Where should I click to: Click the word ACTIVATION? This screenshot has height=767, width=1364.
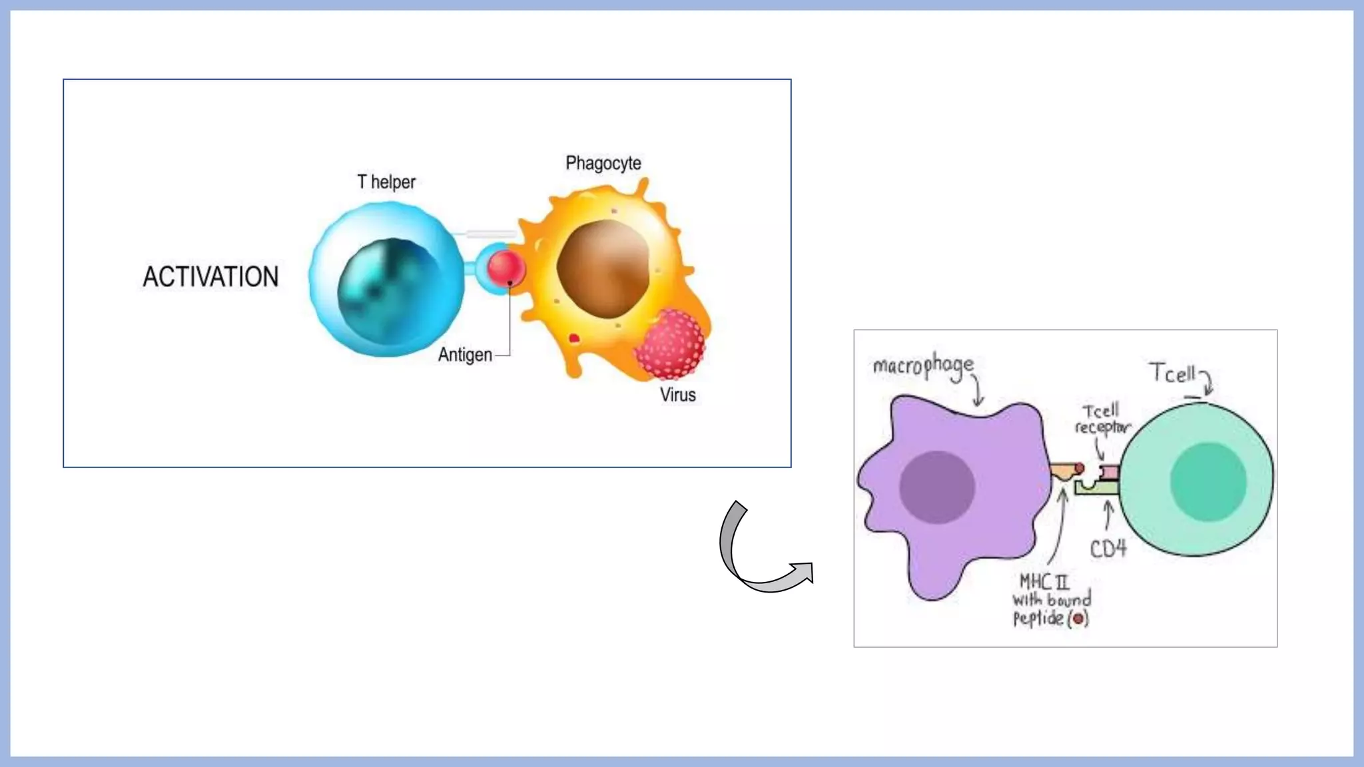(210, 277)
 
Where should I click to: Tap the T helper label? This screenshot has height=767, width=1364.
(386, 182)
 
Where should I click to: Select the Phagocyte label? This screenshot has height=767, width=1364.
(603, 163)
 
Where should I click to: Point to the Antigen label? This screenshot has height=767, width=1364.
(465, 355)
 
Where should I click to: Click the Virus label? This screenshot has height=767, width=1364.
(678, 395)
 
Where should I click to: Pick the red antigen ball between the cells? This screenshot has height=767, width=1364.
(506, 268)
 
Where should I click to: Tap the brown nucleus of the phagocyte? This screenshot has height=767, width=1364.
(603, 268)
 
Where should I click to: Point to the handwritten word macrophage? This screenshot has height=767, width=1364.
(923, 366)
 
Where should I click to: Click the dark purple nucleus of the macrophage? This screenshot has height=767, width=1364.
(937, 487)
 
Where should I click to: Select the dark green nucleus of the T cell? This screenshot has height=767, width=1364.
(1207, 482)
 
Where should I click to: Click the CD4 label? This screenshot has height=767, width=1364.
(1108, 549)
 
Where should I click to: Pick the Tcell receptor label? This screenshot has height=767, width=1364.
(1102, 419)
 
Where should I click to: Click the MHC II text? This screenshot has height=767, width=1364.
(1044, 582)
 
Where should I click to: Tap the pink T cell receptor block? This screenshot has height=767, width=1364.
(1110, 472)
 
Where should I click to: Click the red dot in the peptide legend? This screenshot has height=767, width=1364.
(1078, 619)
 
